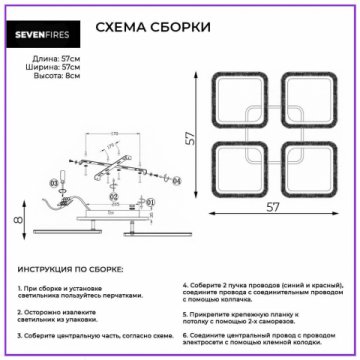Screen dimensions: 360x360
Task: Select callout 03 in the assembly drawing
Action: click(x=54, y=185)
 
